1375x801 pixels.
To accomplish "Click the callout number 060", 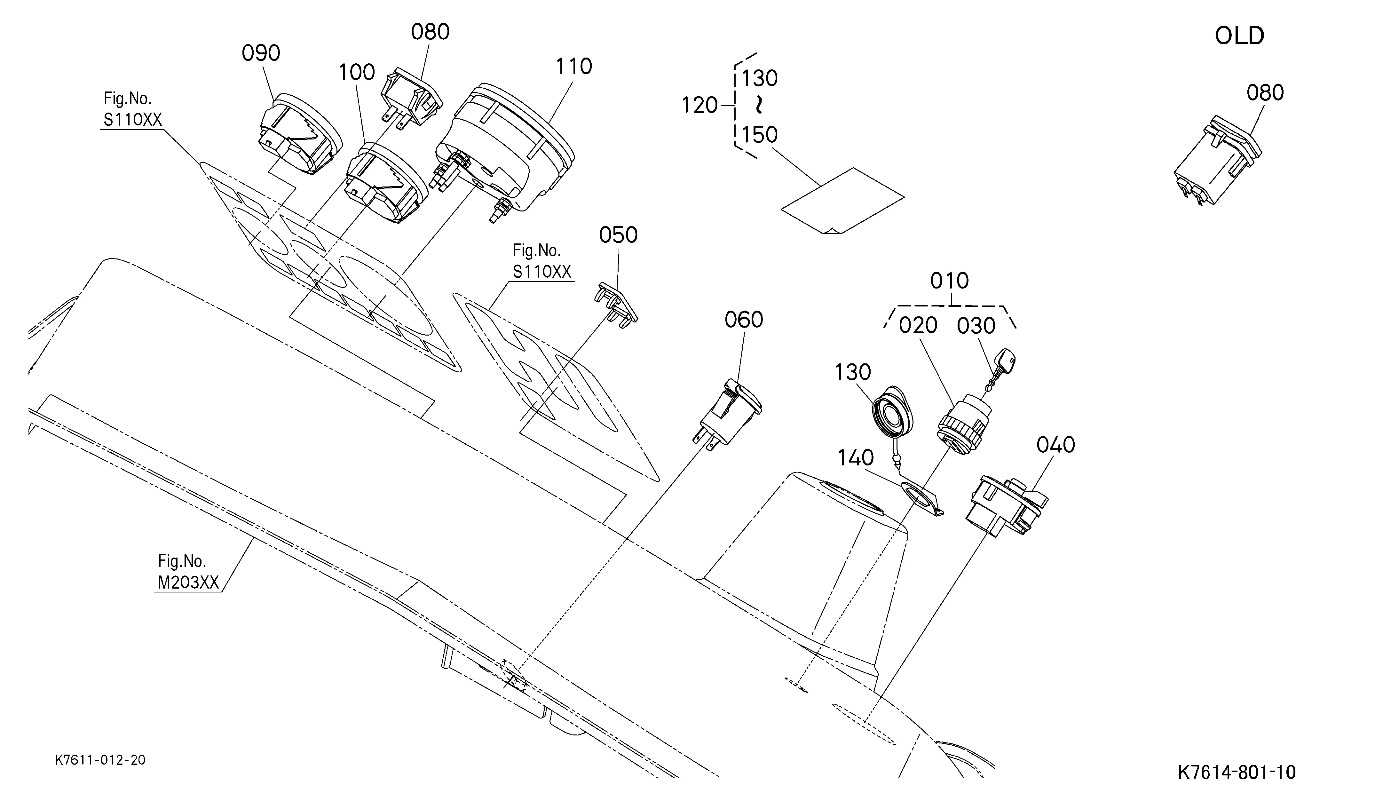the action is coord(744,320).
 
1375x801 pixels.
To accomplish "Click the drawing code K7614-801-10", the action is coord(1237,772).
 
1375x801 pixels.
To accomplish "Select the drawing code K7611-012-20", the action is coord(100,760).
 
